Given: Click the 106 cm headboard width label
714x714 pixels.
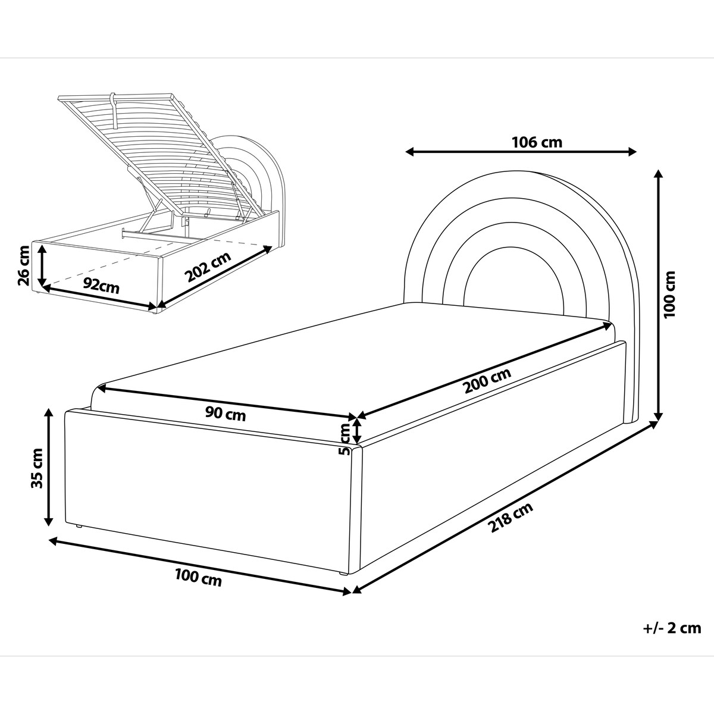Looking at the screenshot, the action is point(537,142).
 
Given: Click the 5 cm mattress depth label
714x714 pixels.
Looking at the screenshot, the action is point(345,440).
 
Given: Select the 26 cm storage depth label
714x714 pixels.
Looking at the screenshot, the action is point(23,265).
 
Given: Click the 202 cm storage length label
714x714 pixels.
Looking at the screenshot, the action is point(208,267).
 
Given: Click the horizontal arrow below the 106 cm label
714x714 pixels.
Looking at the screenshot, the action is point(521,151).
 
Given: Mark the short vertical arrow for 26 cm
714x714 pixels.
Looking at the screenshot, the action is point(43,265).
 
